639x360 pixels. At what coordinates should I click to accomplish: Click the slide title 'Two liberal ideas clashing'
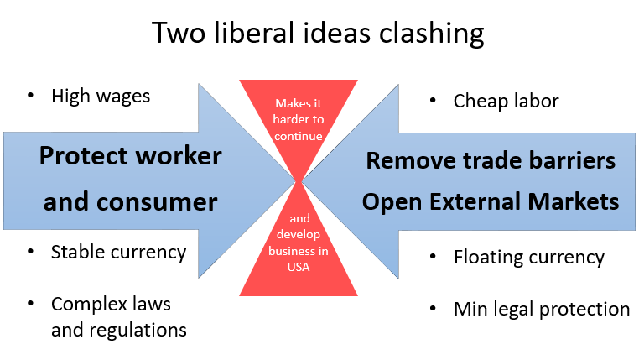[x=318, y=33]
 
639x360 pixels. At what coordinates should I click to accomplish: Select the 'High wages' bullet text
[x=101, y=96]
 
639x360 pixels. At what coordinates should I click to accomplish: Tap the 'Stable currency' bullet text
[x=118, y=252]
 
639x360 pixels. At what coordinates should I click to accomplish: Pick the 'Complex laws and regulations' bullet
[x=118, y=316]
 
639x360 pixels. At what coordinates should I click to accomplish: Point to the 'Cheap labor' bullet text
[x=506, y=102]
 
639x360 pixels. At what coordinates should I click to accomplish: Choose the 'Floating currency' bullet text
[x=528, y=257]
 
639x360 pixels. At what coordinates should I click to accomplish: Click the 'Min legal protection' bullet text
[x=541, y=309]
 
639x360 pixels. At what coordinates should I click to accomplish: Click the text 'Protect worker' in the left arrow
[x=131, y=156]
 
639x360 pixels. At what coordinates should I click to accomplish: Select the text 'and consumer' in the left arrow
[x=131, y=201]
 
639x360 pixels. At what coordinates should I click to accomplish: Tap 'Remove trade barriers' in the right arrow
[x=491, y=160]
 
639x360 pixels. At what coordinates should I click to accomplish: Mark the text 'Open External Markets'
[x=491, y=201]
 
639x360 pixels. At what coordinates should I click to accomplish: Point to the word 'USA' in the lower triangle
[x=299, y=268]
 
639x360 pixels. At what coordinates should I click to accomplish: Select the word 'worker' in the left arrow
[x=182, y=156]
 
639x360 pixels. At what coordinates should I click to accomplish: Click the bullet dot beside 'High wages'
[x=31, y=96]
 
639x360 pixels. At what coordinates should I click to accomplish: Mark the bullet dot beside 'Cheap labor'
[x=433, y=102]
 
